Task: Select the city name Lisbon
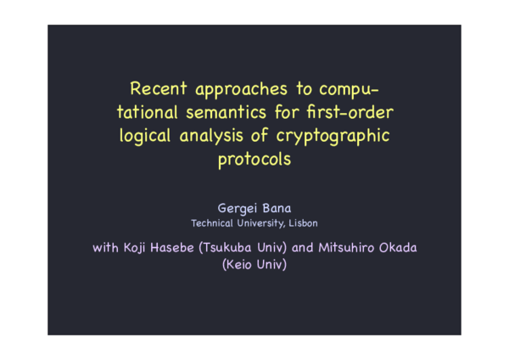click(301, 223)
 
